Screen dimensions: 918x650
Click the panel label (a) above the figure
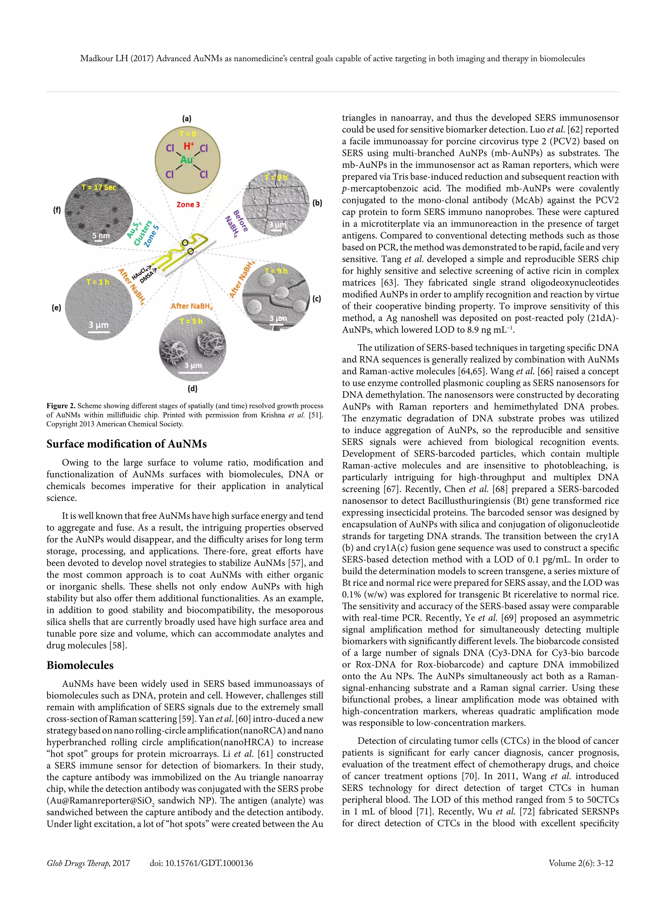pos(187,119)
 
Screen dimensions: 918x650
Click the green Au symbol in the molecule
pos(187,160)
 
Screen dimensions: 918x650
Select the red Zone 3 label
pos(188,204)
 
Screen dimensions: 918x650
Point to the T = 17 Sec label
pos(98,187)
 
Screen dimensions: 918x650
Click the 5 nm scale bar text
pos(101,236)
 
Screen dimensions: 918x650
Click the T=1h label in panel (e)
pos(98,282)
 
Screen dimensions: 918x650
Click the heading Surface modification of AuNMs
pos(127,444)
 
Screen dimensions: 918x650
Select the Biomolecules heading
pos(80,665)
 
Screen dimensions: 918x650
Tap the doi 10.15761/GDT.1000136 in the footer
pos(201,863)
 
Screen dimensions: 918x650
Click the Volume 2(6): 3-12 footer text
pos(581,863)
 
